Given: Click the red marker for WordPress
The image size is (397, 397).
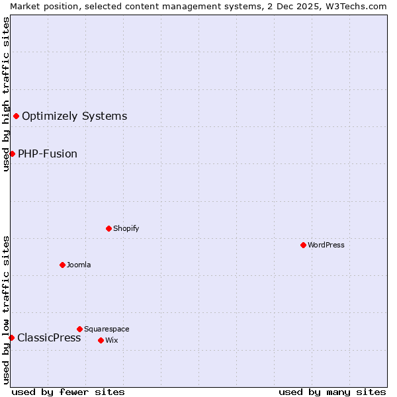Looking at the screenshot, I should click(x=303, y=245).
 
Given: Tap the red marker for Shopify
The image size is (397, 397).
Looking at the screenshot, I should click(x=109, y=228).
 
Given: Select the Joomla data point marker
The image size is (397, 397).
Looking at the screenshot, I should click(x=62, y=265).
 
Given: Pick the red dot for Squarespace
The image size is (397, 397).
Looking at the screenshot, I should click(x=79, y=329).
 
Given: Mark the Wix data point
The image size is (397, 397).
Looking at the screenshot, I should click(x=101, y=340).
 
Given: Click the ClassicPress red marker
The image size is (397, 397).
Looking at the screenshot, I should click(x=11, y=337).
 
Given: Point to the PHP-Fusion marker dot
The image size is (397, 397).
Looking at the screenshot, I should click(x=12, y=154).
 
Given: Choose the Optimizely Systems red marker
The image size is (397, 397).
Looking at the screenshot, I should click(x=16, y=116).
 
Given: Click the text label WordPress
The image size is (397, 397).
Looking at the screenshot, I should click(x=326, y=245).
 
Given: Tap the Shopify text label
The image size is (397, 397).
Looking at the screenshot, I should click(x=126, y=228).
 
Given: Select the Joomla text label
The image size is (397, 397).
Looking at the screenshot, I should click(x=79, y=265).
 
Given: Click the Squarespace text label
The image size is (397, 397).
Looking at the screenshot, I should click(x=107, y=329).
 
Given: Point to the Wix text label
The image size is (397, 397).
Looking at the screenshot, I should click(x=111, y=340).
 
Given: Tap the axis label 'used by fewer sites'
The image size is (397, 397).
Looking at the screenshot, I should click(x=68, y=392).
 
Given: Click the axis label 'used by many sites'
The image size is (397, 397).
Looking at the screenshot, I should click(x=332, y=392).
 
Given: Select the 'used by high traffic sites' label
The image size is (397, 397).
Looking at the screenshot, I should click(x=6, y=94).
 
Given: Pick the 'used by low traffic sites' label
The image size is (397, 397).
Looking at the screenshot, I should click(x=6, y=310).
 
